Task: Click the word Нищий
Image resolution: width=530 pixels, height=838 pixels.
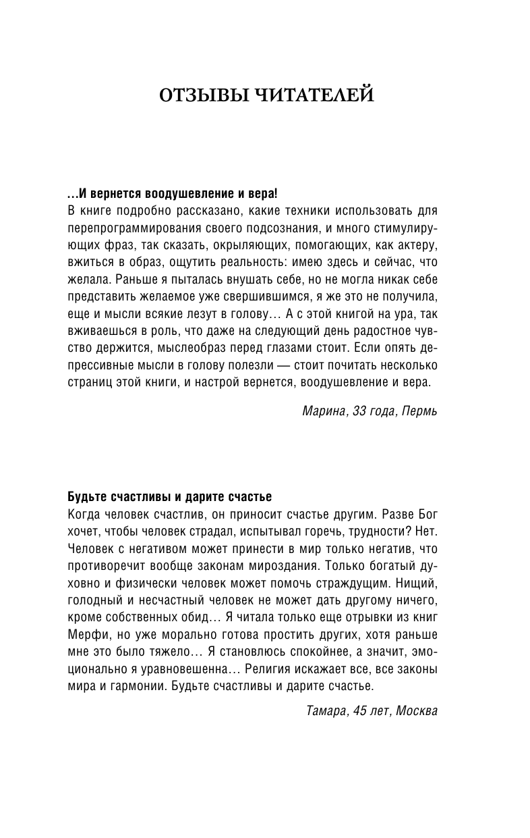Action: pos(418,582)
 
